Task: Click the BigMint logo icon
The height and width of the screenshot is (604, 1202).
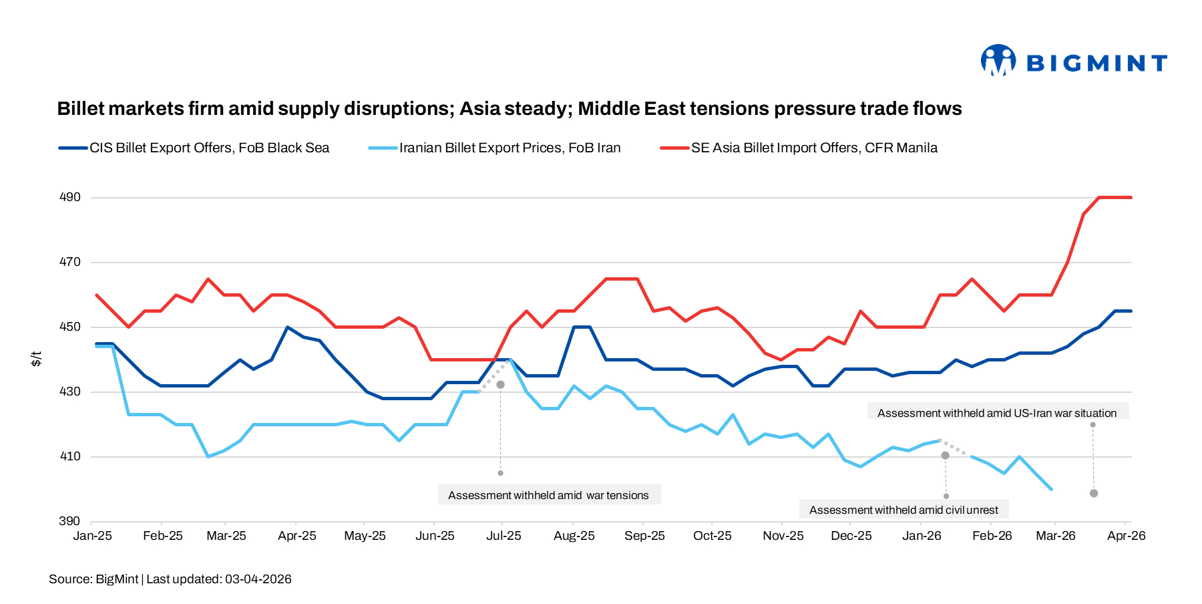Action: [x=998, y=61]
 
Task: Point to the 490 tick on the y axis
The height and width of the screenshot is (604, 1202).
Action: [x=70, y=197]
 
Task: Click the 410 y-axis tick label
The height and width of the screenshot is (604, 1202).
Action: [x=70, y=456]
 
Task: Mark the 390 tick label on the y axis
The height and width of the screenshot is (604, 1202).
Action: [x=70, y=521]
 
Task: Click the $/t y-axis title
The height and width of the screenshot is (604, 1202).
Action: [x=37, y=359]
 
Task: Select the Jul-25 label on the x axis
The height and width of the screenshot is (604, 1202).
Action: [x=504, y=536]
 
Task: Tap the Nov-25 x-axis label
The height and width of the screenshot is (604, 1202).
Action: [x=783, y=536]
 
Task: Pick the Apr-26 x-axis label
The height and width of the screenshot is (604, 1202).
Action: [x=1126, y=536]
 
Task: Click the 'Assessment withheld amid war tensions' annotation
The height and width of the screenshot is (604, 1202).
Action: [x=548, y=495]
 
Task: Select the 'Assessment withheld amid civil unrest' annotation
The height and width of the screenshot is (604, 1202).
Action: [x=904, y=510]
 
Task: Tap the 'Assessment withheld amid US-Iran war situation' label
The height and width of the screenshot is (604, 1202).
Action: [x=997, y=413]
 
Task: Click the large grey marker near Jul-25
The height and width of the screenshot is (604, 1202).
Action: [x=500, y=385]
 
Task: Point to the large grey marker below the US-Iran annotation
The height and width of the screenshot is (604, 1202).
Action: [x=1094, y=493]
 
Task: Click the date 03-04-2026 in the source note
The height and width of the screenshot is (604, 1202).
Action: [x=258, y=579]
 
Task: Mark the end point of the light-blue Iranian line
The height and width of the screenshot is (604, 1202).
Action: [x=1052, y=489]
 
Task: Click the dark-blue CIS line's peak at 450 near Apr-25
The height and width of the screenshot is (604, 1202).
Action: [x=287, y=327]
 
